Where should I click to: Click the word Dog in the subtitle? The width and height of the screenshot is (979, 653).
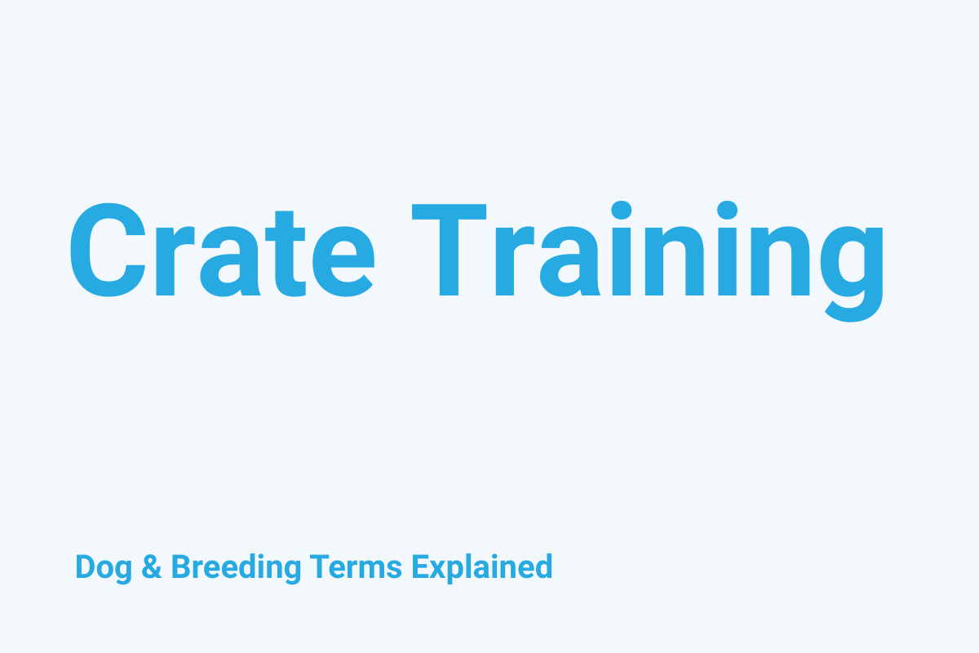coord(104,566)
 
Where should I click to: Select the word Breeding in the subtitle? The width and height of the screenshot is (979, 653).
coord(237,566)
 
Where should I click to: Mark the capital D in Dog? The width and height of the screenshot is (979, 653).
coord(84,566)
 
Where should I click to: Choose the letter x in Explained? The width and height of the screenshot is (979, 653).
coord(434,569)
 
